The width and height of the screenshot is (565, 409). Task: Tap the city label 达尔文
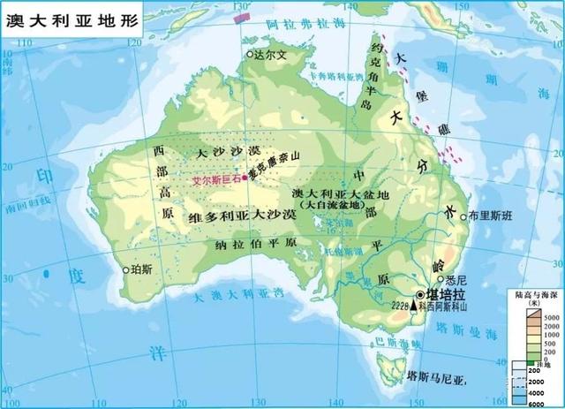point(272,55)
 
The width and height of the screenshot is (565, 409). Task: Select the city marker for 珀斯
point(126,269)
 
